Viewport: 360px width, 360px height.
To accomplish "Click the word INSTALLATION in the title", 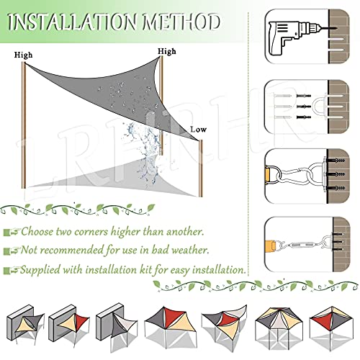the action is pos(73,22).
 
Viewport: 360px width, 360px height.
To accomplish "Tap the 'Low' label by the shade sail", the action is pos(198,130).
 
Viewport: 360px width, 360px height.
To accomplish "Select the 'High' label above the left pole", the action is pos(23,55).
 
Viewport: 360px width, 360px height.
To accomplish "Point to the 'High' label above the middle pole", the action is pos(167,51).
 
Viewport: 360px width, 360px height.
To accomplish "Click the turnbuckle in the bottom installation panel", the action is pos(302,246).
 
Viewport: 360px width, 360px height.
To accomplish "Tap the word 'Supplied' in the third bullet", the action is pos(40,270).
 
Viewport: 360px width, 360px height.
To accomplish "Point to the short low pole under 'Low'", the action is pos(201,168).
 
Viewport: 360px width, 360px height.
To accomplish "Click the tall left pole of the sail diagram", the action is pos(24,125).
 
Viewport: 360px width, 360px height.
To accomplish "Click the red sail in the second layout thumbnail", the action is pos(83,323).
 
